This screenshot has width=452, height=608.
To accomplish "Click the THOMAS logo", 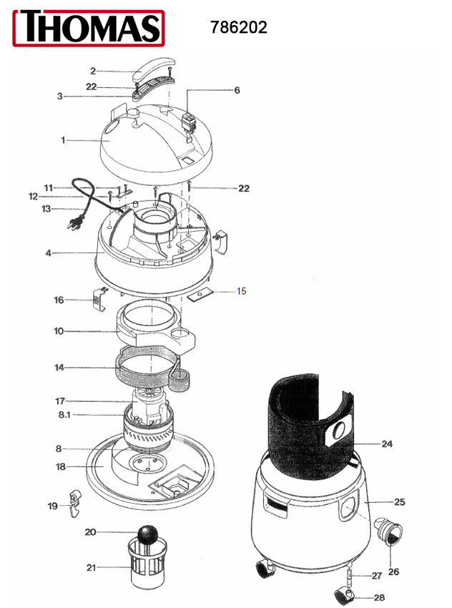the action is tap(89, 28).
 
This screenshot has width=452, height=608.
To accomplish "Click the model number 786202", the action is tap(239, 27).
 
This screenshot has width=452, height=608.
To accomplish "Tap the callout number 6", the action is tap(237, 90).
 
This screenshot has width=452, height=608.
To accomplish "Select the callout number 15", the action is tap(242, 291).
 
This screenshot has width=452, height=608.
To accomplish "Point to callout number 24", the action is tap(387, 444).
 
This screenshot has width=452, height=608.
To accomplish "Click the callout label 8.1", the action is tap(64, 415).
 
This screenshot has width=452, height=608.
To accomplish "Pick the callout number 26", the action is tap(393, 572).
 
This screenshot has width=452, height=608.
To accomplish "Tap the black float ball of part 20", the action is tap(148, 535).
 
